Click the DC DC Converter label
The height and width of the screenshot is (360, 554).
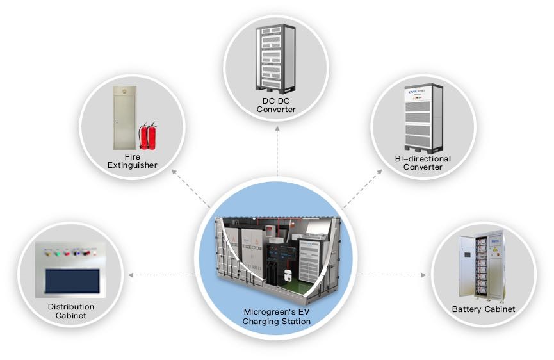coord(276,105)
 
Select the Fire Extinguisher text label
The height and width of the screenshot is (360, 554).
coord(132,161)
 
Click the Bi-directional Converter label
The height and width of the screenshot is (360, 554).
coord(423,163)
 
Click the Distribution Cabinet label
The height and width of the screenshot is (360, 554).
coord(70,311)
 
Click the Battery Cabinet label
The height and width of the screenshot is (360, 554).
coord(484,309)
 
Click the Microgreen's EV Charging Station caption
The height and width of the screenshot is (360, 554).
coord(277,316)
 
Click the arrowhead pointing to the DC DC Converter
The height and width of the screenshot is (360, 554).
coord(277,128)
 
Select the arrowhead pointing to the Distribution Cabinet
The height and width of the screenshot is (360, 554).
coord(131,275)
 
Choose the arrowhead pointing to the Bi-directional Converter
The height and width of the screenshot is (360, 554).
coord(383,170)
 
